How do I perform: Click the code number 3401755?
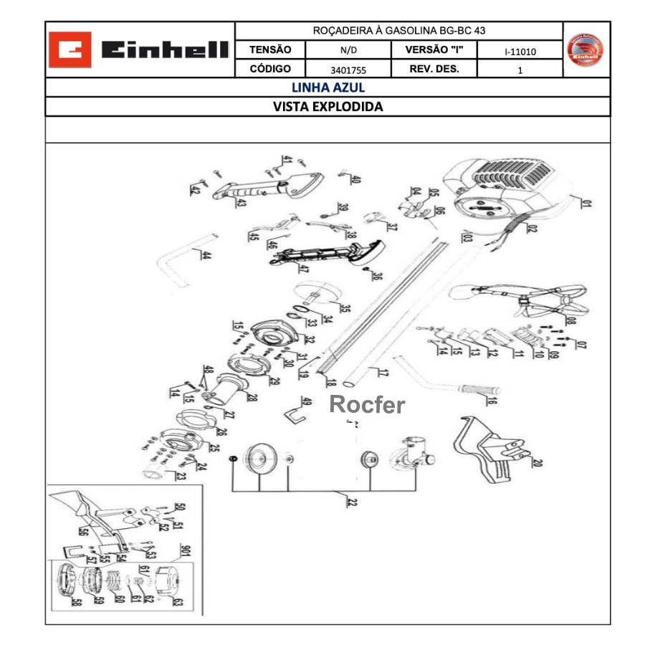348,70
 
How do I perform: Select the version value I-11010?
520,52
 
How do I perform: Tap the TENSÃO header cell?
270,50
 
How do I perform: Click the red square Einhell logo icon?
70,50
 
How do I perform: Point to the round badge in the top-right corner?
586,49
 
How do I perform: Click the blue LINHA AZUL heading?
328,87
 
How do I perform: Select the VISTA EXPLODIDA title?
328,107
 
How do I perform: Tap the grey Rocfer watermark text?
366,405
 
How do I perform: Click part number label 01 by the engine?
586,204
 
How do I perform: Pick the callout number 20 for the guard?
536,462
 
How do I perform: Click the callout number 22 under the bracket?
351,502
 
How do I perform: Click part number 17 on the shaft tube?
382,373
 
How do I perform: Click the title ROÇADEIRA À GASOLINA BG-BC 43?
399,31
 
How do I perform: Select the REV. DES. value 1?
520,70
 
